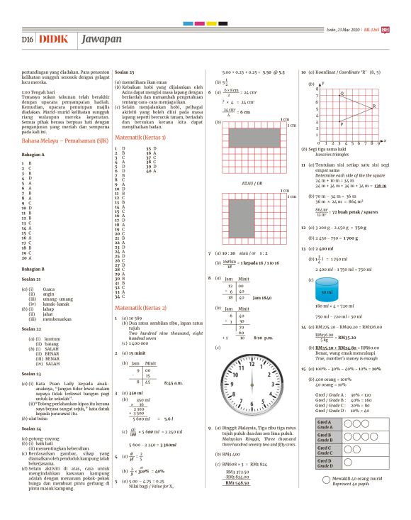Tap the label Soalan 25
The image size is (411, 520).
tap(125, 73)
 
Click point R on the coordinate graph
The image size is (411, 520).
tap(371, 108)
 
